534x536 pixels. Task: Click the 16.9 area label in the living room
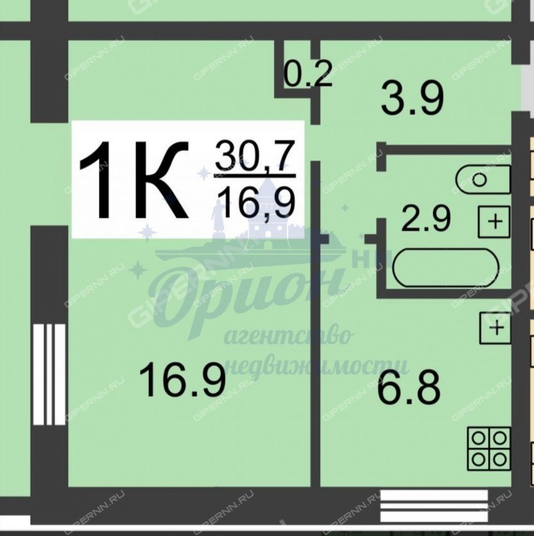pyautogui.click(x=183, y=380)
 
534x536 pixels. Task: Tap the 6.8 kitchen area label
pyautogui.click(x=409, y=388)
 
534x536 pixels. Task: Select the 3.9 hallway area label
pyautogui.click(x=412, y=98)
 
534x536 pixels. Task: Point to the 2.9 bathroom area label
pyautogui.click(x=426, y=219)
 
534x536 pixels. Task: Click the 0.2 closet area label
pyautogui.click(x=308, y=74)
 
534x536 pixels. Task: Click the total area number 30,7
pyautogui.click(x=255, y=156)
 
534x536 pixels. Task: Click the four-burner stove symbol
pyautogui.click(x=489, y=448)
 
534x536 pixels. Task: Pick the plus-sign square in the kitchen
pyautogui.click(x=496, y=328)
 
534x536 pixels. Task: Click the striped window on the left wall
pyautogui.click(x=49, y=374)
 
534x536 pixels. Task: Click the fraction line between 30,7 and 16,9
pyautogui.click(x=255, y=176)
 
